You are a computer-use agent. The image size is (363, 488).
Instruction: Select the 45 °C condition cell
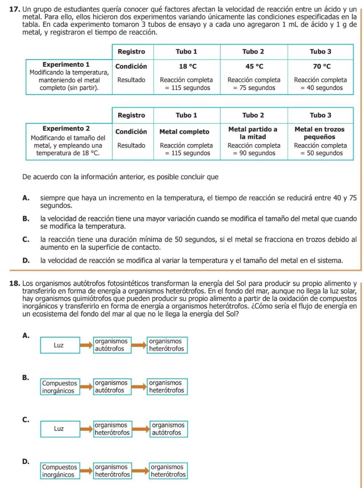tap(254, 66)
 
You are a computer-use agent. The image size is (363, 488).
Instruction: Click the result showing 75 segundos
tap(254, 84)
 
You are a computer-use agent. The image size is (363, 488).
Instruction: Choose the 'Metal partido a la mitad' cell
tap(254, 133)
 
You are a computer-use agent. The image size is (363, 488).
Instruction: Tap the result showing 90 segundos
tap(254, 149)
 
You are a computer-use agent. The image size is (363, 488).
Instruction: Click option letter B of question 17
tap(26, 219)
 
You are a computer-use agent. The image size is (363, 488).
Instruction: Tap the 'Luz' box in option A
tap(59, 345)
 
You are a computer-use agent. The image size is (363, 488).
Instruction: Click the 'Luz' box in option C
tap(59, 429)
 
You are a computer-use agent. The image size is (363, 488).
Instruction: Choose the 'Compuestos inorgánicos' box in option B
tap(60, 387)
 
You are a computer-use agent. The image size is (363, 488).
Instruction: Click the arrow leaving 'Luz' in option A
tap(86, 345)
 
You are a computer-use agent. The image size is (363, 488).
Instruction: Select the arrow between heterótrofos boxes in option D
tap(140, 471)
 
